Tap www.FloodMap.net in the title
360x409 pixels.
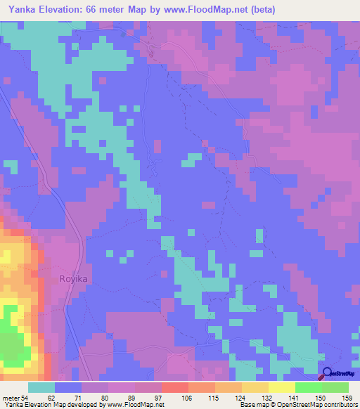212,9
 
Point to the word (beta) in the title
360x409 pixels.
262,9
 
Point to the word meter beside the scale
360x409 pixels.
13,397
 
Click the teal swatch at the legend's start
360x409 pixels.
41,387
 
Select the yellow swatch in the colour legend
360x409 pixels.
282,387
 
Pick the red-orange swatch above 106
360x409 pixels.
175,387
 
